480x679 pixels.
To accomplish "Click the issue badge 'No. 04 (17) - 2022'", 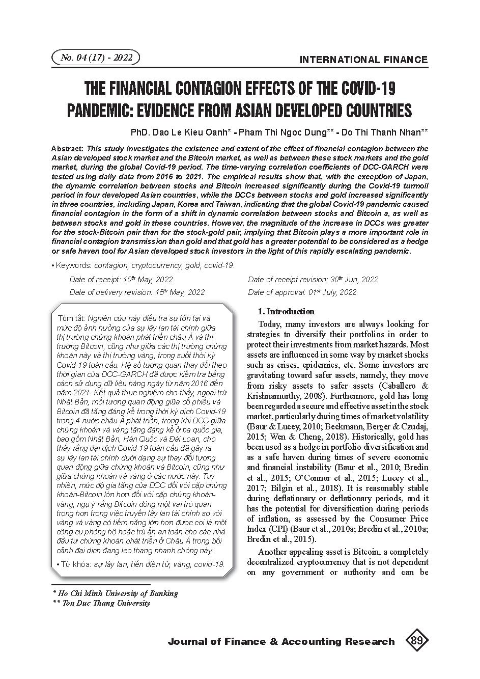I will click(96, 58).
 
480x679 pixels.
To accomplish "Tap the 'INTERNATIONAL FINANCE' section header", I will click(363, 60).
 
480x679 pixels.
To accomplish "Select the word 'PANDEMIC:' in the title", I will click(106, 111).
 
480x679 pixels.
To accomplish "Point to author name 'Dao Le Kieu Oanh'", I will click(193, 132).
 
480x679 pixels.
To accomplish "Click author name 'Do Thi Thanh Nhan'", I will click(381, 132).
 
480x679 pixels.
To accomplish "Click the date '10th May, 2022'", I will click(148, 279).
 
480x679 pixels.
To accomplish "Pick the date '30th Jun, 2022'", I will click(354, 279).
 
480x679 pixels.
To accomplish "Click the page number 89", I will click(416, 641).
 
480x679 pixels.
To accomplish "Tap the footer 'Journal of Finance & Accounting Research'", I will click(281, 641).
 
